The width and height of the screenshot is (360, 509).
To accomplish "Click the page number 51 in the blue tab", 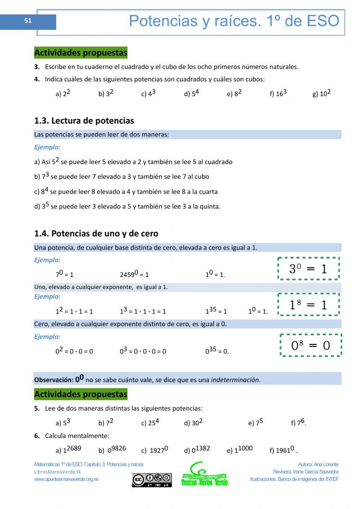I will [28, 21].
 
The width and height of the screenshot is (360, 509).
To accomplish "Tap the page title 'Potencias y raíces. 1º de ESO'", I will [234, 21].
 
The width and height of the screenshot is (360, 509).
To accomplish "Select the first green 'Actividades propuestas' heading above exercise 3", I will [81, 53].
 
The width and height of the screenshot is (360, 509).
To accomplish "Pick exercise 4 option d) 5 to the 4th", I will [192, 93].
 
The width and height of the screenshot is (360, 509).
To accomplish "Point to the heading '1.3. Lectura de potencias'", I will [84, 121].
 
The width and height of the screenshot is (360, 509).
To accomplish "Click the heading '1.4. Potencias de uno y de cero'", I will [96, 233].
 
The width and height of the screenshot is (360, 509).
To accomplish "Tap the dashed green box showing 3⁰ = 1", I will [309, 269].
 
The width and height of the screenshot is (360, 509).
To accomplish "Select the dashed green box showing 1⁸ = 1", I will [309, 305].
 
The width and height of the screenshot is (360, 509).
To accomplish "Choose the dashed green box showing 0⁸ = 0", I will [311, 345].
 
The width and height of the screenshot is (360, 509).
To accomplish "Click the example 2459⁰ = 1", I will [134, 274].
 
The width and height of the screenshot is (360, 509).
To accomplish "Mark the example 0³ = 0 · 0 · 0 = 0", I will [143, 351].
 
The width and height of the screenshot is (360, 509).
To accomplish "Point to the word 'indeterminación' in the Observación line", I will [235, 380].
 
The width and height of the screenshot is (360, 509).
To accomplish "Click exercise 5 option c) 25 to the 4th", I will [150, 422].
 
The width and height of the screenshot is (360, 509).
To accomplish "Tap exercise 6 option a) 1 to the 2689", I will [68, 450].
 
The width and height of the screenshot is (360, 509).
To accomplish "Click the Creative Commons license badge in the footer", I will [152, 480].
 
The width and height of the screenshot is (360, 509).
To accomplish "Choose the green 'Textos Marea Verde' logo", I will [204, 475].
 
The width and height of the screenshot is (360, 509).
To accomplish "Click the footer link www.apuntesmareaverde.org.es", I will [66, 479].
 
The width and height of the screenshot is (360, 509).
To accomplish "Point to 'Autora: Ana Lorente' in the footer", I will [318, 464].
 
